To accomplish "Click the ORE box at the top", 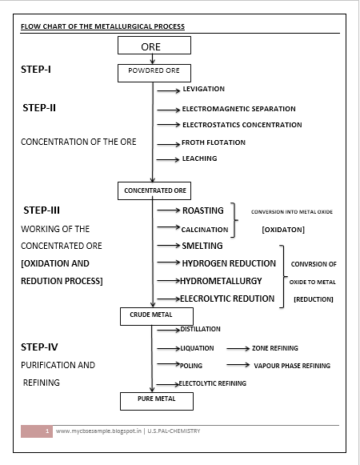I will pos(150,46).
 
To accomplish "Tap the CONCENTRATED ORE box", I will pos(155,190).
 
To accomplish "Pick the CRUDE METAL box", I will pos(151,315).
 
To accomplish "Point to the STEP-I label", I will pos(36,70).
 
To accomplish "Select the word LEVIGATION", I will pos(203,89).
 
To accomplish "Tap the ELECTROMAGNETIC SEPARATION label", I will pos(238,109).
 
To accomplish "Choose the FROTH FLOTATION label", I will pos(214,142).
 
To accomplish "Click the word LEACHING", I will pos(199,158).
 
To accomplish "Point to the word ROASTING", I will pos(203,211).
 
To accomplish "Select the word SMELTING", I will pos(202,246).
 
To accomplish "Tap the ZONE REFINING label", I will pos(275,349).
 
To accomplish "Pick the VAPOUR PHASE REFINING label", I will pos(292,366).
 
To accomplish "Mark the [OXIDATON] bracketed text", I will pos(283,230).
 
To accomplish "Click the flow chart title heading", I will pos(102,26).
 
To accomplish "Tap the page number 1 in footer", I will pos(48,431).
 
